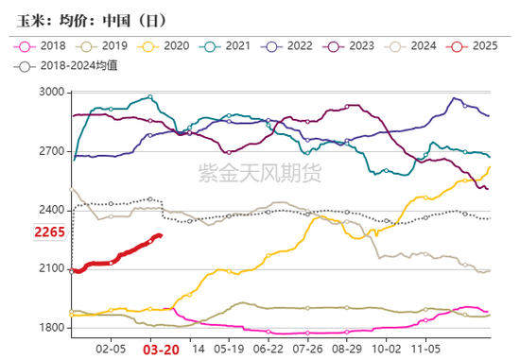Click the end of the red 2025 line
[161, 236]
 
